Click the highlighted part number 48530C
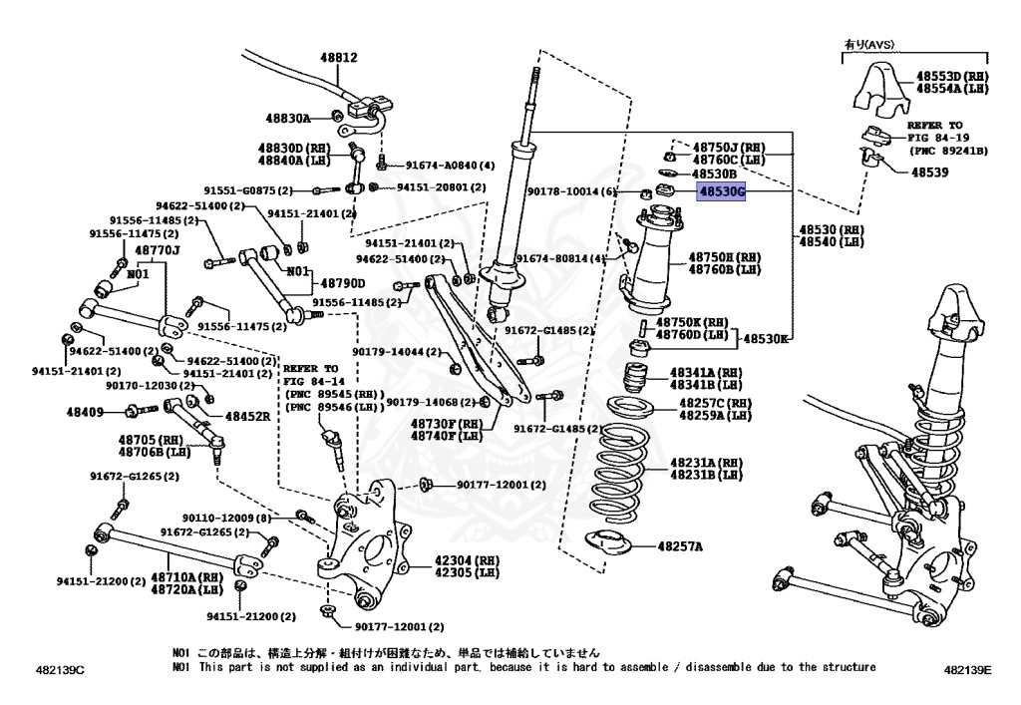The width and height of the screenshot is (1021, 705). click(x=721, y=191)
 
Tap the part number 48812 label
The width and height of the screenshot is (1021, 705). click(x=337, y=57)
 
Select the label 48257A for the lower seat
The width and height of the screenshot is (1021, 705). click(x=679, y=546)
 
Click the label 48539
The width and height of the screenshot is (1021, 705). click(x=930, y=172)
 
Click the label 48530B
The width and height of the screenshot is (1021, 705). click(x=715, y=174)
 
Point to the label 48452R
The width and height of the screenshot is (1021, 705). click(x=246, y=417)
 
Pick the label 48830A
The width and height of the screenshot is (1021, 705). click(x=288, y=118)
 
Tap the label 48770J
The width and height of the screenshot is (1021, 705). click(x=158, y=249)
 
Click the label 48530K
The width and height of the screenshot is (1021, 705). click(x=768, y=339)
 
